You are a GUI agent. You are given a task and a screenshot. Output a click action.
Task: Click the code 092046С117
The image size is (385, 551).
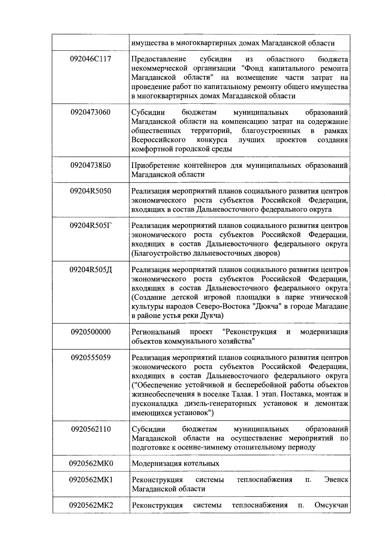91,59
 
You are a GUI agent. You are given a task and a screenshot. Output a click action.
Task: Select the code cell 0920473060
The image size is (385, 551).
91,113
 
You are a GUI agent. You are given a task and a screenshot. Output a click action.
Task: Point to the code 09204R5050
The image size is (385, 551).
91,191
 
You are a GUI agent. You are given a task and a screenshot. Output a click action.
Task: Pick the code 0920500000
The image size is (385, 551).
91,332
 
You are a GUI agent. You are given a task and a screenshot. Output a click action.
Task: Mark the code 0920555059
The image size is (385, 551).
91,357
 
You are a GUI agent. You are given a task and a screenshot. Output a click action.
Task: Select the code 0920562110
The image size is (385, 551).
91,429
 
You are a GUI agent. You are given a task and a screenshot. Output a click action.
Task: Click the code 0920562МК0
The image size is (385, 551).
91,463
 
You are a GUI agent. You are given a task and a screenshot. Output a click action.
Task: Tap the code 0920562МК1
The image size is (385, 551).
91,480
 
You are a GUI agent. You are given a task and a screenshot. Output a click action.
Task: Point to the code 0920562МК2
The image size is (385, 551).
91,505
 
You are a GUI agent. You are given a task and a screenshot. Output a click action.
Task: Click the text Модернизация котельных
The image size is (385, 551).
175,463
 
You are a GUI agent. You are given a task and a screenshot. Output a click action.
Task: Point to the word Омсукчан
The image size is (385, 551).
331,505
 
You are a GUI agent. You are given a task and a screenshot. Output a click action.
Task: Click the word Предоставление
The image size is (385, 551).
159,59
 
